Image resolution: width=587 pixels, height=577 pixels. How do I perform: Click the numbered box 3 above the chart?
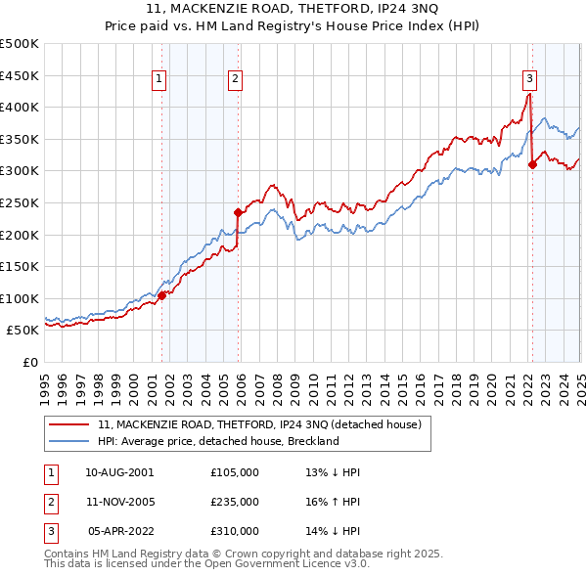point(529,79)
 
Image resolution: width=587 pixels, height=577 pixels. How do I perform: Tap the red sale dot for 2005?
point(238,211)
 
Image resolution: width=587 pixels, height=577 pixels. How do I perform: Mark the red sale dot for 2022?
point(533,164)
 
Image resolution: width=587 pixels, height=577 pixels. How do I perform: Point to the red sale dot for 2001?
point(162,295)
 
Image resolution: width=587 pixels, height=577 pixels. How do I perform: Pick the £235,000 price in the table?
point(235,502)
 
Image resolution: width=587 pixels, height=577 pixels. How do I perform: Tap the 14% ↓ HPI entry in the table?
point(333,532)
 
